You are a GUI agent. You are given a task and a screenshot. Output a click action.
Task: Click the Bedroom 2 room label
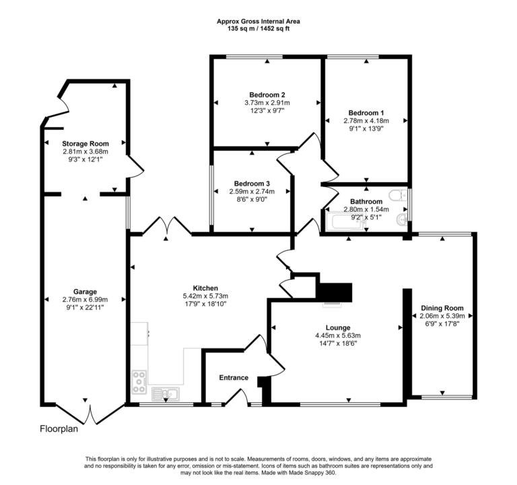point(267,95)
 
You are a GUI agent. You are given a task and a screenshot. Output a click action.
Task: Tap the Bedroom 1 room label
point(366,112)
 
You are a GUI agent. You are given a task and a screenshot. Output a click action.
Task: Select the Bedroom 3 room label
point(252,184)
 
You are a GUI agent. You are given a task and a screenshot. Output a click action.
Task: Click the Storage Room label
point(85,143)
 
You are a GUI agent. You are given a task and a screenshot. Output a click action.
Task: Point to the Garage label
point(85,291)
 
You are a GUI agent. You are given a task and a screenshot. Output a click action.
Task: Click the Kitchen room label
point(205,288)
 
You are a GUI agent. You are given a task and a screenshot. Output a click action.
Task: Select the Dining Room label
point(442,307)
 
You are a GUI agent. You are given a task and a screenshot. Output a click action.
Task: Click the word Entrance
point(234,378)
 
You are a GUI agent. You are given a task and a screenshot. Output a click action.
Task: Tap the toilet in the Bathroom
point(401,196)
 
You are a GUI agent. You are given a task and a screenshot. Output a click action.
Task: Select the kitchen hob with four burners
point(140,382)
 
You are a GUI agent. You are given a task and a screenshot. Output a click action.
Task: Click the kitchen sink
point(165,393)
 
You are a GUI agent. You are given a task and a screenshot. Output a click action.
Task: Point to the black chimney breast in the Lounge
point(335,291)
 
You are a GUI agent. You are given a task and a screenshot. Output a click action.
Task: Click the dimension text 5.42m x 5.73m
point(205,296)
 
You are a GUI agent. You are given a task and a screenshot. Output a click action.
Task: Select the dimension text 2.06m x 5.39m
point(442,315)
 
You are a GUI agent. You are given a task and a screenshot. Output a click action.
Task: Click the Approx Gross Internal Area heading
point(258,22)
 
